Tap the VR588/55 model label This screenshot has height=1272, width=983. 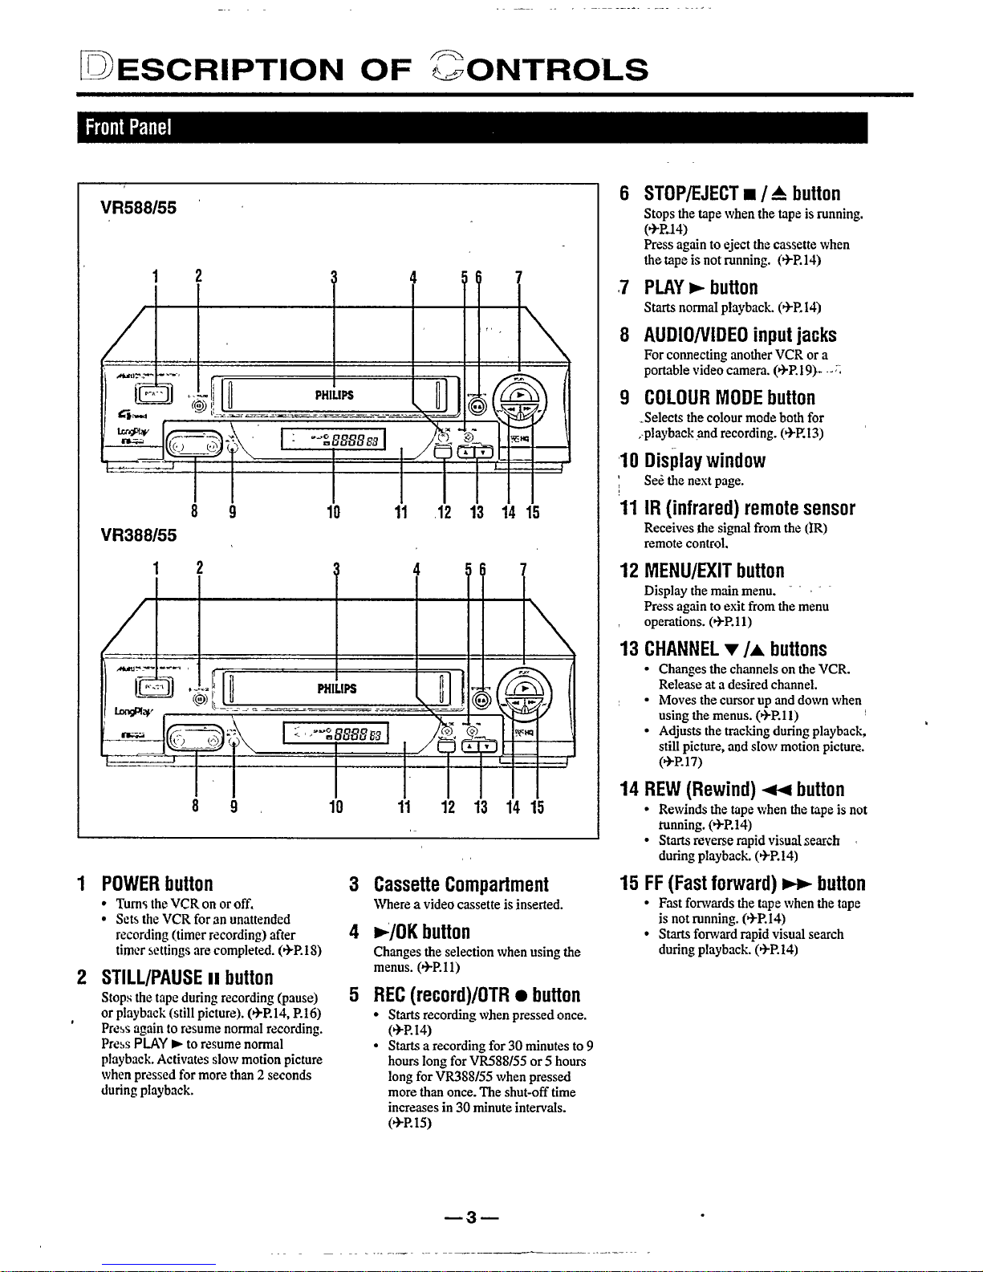pyautogui.click(x=138, y=207)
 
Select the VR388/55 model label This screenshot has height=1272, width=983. pyautogui.click(x=138, y=534)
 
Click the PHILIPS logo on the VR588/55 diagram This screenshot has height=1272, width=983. pyautogui.click(x=333, y=395)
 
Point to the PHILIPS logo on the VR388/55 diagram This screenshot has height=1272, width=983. pyautogui.click(x=337, y=689)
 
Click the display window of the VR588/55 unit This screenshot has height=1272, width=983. pyautogui.click(x=334, y=440)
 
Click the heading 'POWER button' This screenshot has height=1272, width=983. pyautogui.click(x=156, y=884)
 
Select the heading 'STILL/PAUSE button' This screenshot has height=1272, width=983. pyautogui.click(x=186, y=977)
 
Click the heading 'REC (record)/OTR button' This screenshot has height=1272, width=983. pyautogui.click(x=476, y=995)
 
